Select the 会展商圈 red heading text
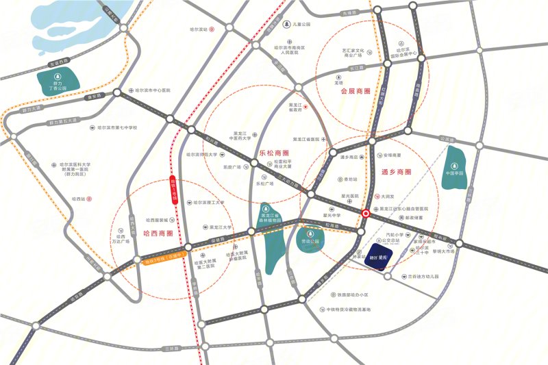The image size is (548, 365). pos(355,91)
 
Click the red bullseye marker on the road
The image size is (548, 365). pos(366,213)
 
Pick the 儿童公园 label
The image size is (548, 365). pos(301,24)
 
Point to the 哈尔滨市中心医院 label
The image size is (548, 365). pos(151,90)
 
